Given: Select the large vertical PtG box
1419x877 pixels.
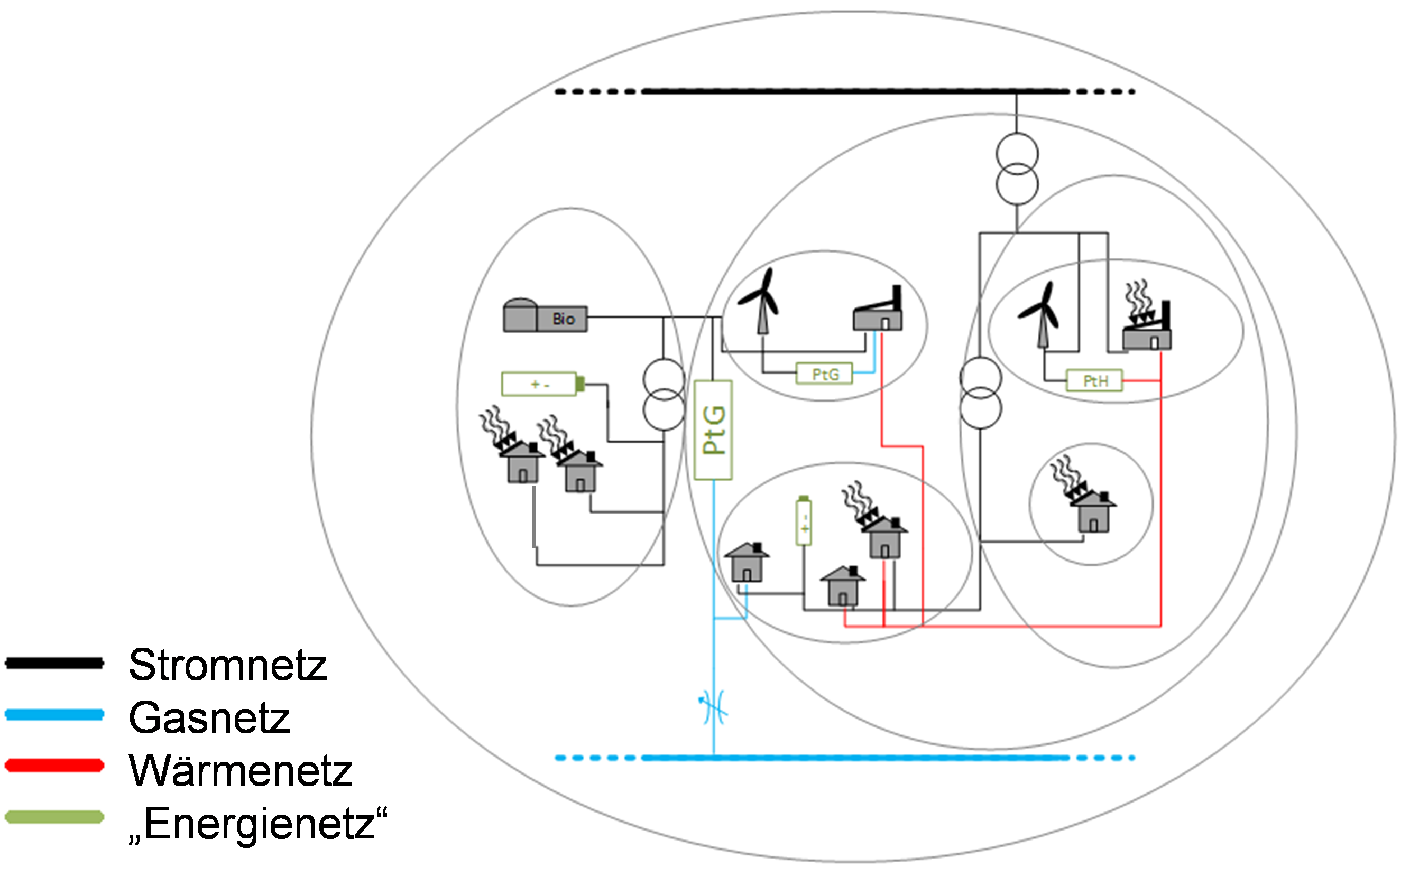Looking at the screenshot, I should coord(713,430).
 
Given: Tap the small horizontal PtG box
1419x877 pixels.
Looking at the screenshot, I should coord(825,374).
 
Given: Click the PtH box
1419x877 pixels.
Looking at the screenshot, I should coord(1094,380).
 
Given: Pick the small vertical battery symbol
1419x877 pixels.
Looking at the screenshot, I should coord(804,520).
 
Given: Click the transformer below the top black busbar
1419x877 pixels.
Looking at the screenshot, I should coord(1017,169).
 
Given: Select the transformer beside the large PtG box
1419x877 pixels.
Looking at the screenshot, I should coord(664,395).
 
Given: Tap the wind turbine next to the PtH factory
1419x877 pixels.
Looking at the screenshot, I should coord(1040,314).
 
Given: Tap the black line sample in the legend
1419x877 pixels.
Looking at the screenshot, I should coord(54,663).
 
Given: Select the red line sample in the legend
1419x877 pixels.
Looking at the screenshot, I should coord(54,765).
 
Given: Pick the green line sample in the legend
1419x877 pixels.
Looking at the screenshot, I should coord(54,817).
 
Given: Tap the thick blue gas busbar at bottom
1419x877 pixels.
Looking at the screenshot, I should coord(853,758).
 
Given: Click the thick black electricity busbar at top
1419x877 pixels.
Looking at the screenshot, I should coord(853,91).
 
